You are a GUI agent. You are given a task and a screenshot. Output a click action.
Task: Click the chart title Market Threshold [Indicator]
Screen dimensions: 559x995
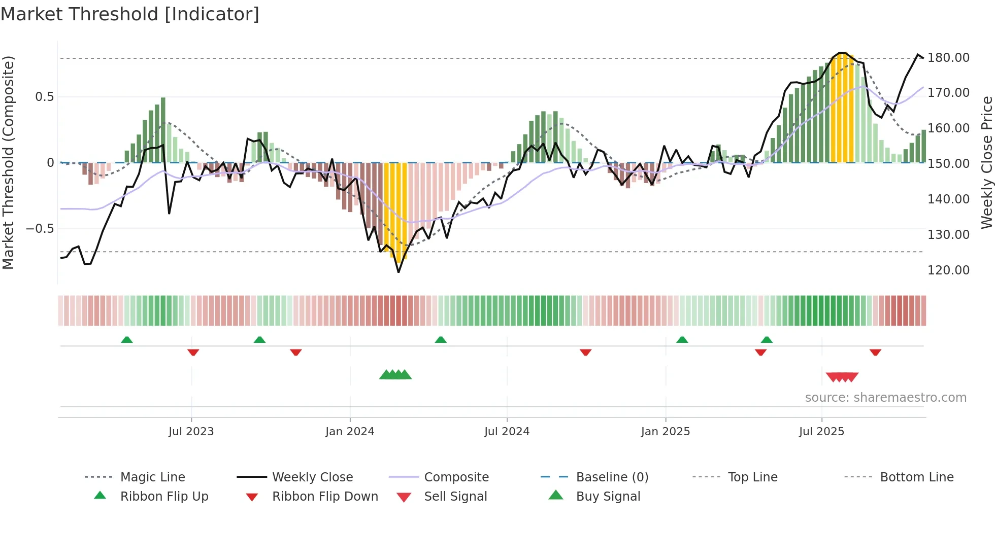pos(130,14)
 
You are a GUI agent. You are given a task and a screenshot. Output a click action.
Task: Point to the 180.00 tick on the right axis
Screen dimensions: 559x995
pos(948,58)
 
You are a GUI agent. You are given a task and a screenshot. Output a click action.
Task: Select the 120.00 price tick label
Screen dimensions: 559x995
pos(948,270)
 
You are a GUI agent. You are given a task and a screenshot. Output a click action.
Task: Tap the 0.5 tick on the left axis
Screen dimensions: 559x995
pos(44,97)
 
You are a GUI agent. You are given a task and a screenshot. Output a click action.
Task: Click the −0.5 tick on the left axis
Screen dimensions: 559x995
pos(40,229)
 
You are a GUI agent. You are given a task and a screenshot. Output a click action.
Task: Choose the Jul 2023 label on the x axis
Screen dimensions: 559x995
pos(191,432)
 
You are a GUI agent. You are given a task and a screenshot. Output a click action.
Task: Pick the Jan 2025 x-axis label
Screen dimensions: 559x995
pos(665,432)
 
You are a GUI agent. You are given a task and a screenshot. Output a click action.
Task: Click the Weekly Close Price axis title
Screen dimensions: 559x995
pos(986,162)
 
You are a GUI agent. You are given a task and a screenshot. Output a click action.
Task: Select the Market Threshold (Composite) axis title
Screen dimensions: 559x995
pos(8,162)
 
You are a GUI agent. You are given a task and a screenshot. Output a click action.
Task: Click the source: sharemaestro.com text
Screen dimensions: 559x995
pos(885,398)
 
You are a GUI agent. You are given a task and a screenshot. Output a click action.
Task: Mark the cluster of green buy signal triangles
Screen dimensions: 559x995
pos(395,375)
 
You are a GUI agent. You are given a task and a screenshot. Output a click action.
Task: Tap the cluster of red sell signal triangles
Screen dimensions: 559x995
pos(842,377)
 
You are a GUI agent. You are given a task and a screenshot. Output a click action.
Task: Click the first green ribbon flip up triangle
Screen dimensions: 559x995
pos(127,340)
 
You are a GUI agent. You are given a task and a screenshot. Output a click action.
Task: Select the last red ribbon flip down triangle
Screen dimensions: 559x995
pos(875,352)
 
